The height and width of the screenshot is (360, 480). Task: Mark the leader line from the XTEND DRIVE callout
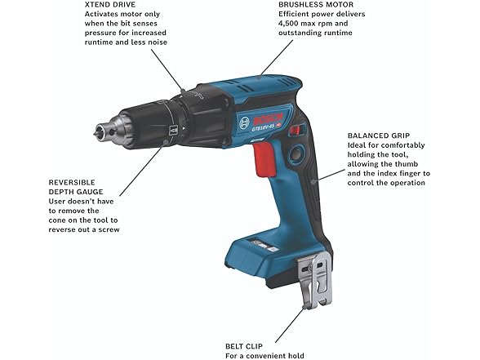coord(172,69)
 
